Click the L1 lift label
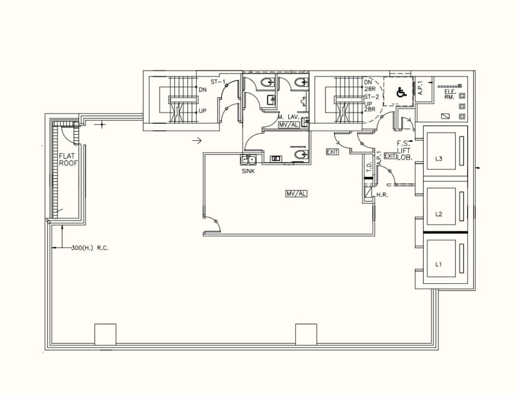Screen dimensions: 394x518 point(439,264)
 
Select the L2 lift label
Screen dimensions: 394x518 point(439,214)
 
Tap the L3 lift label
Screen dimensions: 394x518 point(439,159)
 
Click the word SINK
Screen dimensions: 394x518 point(248,172)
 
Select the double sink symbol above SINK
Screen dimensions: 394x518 point(249,161)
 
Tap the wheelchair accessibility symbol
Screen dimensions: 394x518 point(401,93)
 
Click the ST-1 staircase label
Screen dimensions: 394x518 point(218,82)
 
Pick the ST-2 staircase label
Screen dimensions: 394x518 point(372,96)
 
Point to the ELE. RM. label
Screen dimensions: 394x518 point(449,95)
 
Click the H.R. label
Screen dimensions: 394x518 point(382,195)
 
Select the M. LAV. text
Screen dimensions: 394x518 point(288,117)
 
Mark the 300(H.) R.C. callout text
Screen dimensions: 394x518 point(90,248)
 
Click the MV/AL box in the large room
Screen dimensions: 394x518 point(296,193)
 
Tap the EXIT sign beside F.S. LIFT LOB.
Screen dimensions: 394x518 point(390,156)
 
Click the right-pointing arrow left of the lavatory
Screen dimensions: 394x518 point(197,141)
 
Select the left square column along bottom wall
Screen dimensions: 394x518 point(105,334)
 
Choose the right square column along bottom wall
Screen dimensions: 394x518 point(306,334)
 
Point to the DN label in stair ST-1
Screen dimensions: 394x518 point(202,89)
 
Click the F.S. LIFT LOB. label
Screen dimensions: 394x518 point(405,150)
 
